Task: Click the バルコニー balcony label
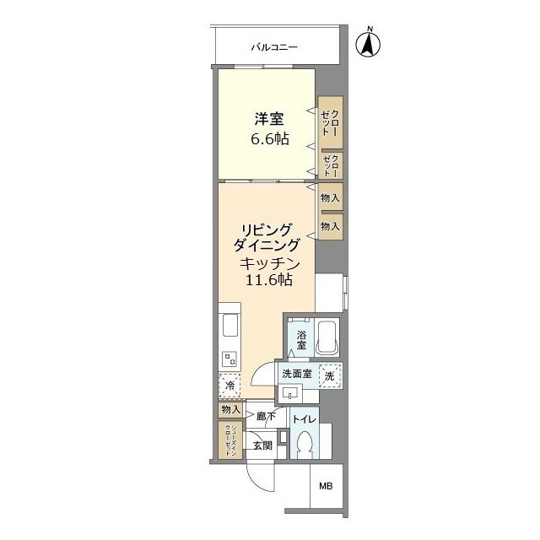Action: [x=273, y=47]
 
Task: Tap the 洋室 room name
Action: [x=267, y=120]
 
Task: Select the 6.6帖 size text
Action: [x=267, y=139]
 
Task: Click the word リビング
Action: [x=266, y=229]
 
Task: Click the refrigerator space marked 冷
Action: [x=229, y=386]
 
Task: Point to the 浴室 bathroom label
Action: [x=300, y=342]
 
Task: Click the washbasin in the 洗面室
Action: [x=292, y=392]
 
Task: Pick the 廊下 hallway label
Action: [x=267, y=416]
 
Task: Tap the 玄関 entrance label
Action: [x=262, y=445]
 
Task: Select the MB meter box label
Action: [x=325, y=487]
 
